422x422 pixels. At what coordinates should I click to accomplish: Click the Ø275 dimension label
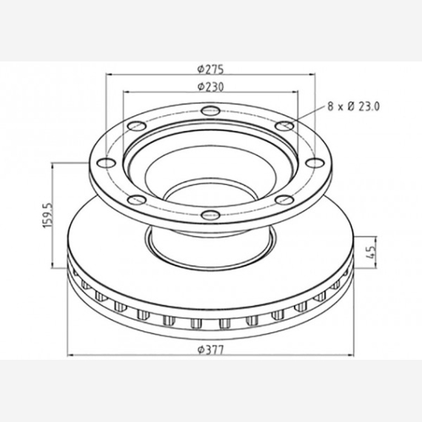pyautogui.click(x=210, y=70)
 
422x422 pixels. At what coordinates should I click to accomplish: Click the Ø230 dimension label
pyautogui.click(x=210, y=87)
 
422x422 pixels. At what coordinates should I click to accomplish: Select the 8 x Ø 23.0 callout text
pyautogui.click(x=353, y=107)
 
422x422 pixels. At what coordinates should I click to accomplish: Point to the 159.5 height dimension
pyautogui.click(x=47, y=215)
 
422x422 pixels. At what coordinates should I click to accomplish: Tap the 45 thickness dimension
pyautogui.click(x=371, y=252)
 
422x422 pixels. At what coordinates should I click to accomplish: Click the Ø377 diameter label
pyautogui.click(x=210, y=350)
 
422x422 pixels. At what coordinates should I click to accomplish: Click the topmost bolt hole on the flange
pyautogui.click(x=211, y=110)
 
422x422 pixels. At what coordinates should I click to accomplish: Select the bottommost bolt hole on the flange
pyautogui.click(x=211, y=215)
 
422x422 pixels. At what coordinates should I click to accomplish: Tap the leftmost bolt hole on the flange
pyautogui.click(x=107, y=163)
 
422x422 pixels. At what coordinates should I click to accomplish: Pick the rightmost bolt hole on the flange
pyautogui.click(x=315, y=163)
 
